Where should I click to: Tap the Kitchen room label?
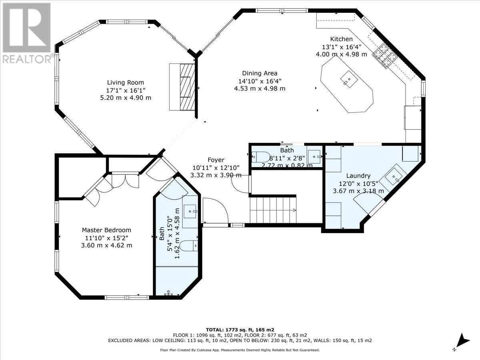[x=341, y=39]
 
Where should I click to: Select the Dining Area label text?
[x=260, y=73]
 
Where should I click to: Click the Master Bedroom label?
[x=106, y=230]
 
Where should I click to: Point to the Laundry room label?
[x=358, y=176]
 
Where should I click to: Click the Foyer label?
[x=216, y=160]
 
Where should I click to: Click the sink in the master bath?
[x=190, y=209]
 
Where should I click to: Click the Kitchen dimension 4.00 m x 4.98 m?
[x=341, y=54]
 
